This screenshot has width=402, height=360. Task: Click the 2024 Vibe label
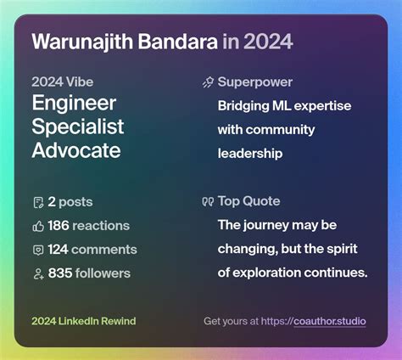(x=62, y=82)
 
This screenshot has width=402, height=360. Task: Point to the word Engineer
(x=74, y=104)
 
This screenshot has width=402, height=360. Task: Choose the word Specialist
(x=78, y=127)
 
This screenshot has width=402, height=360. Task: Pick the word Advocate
(x=76, y=151)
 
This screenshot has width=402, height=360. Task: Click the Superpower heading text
(x=255, y=82)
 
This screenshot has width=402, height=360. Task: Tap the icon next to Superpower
(x=208, y=82)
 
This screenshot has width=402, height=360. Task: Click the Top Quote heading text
(x=249, y=201)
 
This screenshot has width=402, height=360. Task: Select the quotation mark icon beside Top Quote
(x=208, y=202)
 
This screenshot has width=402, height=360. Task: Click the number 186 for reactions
(x=59, y=226)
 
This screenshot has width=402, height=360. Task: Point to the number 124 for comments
(x=59, y=250)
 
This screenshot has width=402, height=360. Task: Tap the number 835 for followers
(x=59, y=273)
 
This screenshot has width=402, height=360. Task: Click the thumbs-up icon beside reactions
(x=37, y=226)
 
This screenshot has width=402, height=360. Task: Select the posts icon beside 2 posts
(x=37, y=202)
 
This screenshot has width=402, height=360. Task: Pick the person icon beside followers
(x=37, y=273)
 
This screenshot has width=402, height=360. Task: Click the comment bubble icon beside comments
(x=37, y=250)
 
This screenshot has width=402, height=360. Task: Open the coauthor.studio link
(x=329, y=322)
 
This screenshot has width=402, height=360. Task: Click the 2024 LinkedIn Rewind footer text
(x=83, y=322)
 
